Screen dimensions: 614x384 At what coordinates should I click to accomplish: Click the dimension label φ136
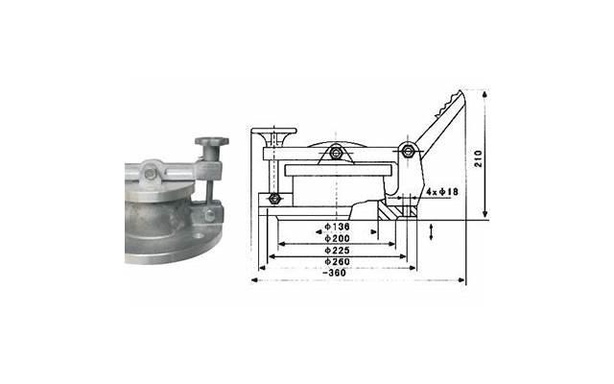[337, 227]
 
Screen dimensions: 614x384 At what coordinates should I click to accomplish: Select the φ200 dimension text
[337, 238]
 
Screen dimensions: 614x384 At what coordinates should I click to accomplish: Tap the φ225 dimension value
[337, 250]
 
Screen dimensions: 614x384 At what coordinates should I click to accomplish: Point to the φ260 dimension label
[337, 261]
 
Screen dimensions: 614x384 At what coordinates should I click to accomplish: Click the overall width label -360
[337, 273]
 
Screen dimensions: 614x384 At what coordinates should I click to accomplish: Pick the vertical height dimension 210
[478, 158]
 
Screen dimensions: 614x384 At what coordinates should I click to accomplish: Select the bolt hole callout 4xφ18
[442, 192]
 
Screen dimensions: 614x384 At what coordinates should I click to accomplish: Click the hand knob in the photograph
[212, 141]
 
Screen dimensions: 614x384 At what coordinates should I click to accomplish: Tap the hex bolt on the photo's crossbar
[150, 173]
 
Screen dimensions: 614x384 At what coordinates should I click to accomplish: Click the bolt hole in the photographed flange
[199, 236]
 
